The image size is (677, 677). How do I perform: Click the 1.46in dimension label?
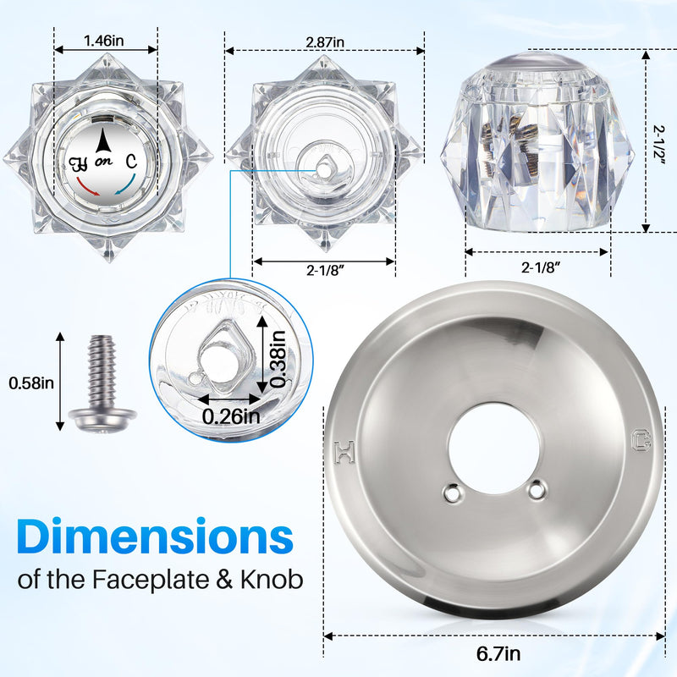103,41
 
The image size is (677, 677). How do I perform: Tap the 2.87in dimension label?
325,42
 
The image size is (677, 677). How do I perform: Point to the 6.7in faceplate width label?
498,653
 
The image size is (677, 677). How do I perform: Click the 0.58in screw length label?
31,383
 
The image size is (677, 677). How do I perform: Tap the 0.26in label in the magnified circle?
231,416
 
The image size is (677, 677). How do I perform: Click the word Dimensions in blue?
155,537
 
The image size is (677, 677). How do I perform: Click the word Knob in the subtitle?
272,579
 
